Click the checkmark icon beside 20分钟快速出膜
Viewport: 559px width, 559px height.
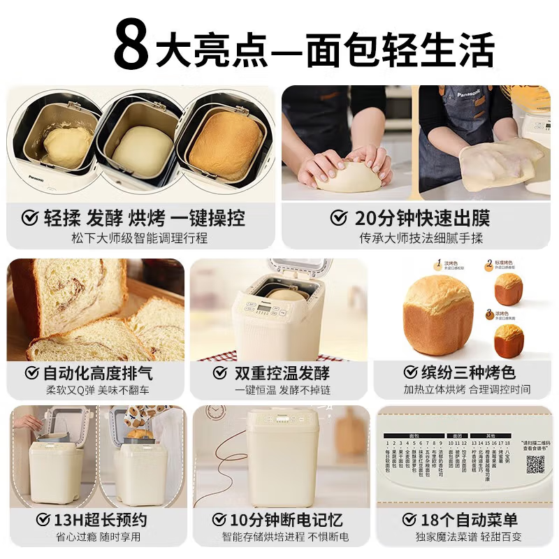(339, 218)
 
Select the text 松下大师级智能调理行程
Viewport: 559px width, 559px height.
(140, 238)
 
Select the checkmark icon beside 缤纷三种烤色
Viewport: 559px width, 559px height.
(409, 372)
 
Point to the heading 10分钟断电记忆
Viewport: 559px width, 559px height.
(286, 520)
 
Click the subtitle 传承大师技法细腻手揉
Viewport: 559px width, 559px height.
(421, 238)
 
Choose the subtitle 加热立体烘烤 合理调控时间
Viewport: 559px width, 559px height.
(466, 389)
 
